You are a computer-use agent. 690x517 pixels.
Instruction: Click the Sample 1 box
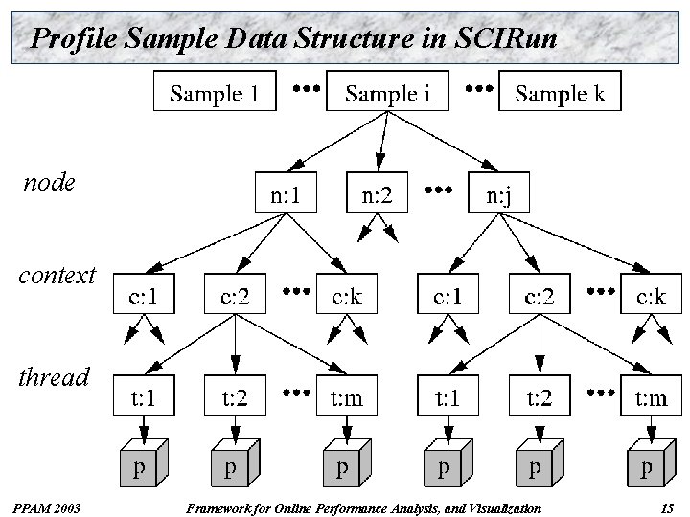click(x=215, y=93)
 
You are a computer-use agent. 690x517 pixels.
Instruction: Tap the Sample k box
click(x=560, y=93)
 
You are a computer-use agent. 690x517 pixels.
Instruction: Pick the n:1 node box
click(x=285, y=196)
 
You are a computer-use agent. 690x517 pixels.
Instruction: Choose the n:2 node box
click(x=376, y=196)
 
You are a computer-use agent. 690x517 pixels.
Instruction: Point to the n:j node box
click(x=497, y=196)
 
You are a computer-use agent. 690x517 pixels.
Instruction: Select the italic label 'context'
click(x=57, y=277)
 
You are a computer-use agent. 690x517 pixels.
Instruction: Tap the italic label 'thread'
click(x=54, y=377)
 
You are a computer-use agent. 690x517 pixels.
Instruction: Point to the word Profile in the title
click(x=70, y=38)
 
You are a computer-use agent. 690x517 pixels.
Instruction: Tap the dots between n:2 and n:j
click(x=439, y=191)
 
